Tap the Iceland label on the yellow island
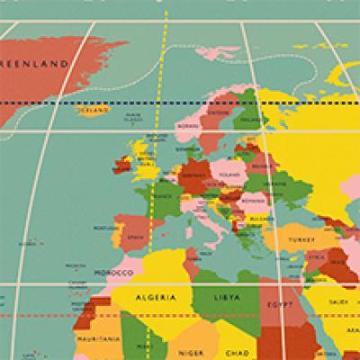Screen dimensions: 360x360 [x=88, y=112]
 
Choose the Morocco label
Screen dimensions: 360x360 [x=114, y=271]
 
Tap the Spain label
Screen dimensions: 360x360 [x=135, y=236]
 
